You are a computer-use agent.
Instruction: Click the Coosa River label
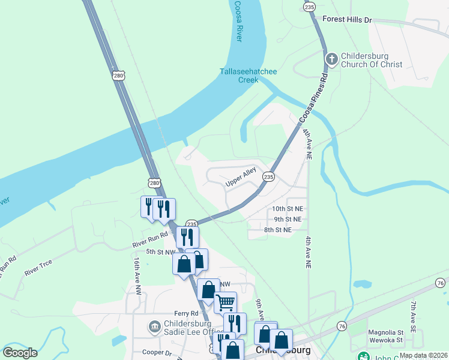click(x=237, y=20)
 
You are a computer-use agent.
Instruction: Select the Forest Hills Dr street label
click(x=347, y=20)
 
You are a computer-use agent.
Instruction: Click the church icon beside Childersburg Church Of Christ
click(x=331, y=59)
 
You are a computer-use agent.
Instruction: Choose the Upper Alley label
click(x=241, y=176)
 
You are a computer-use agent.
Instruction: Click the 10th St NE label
click(x=288, y=208)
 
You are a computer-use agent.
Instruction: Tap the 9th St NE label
click(x=288, y=219)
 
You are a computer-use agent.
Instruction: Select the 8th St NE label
click(x=277, y=230)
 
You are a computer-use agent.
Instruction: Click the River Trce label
click(x=38, y=268)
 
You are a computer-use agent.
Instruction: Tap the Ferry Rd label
click(x=186, y=313)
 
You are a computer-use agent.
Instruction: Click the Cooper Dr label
click(x=157, y=352)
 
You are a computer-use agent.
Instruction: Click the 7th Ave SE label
click(x=414, y=317)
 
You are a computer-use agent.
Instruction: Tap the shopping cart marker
click(x=225, y=302)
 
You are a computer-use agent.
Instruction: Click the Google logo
click(x=19, y=353)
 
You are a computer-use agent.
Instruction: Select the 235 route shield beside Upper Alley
click(x=268, y=176)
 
